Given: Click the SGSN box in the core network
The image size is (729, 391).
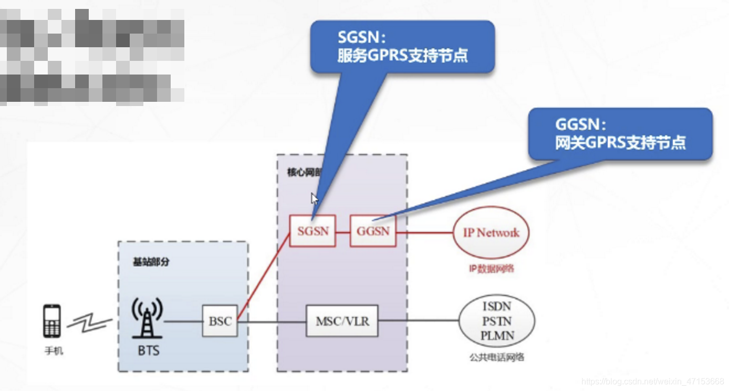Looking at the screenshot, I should [313, 231].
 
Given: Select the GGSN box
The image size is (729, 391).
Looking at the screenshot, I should [373, 231].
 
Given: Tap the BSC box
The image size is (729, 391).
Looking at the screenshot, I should [220, 321].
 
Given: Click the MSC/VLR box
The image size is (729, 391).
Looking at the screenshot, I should [342, 321].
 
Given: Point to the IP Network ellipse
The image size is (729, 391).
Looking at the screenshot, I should [491, 233].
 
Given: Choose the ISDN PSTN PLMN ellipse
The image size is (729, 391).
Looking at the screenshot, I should [497, 321].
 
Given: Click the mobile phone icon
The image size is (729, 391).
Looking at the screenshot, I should [52, 321].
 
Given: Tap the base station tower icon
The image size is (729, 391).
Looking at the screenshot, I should [147, 318].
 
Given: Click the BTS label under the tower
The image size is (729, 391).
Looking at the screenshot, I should [149, 350].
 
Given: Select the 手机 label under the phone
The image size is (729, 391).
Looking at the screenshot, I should [54, 351].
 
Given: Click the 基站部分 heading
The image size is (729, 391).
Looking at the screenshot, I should [151, 261].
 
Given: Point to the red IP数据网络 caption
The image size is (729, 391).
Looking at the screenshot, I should [491, 269].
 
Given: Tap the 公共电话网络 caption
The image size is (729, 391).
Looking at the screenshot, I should [497, 357].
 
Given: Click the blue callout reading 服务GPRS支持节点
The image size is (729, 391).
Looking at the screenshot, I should [402, 47].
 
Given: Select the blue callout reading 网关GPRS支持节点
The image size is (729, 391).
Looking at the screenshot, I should [620, 134].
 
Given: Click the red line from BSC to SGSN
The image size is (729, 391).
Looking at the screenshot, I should [263, 277].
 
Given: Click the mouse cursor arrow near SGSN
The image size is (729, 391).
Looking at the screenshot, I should [314, 199].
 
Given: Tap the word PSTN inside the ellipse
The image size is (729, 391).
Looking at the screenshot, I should [497, 321].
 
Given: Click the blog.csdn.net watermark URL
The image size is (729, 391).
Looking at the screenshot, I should [653, 381].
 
